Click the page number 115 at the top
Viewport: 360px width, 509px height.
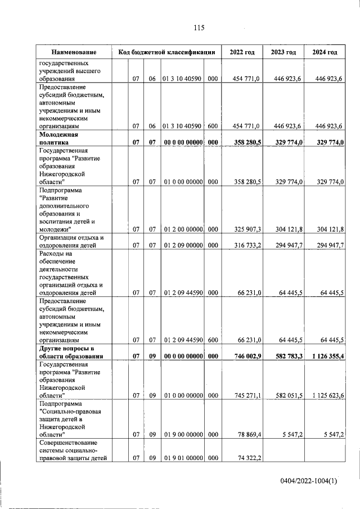[x=198, y=28]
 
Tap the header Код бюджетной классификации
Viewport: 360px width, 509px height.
[x=167, y=52]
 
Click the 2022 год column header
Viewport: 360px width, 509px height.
[x=242, y=52]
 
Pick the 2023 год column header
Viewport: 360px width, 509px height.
[x=283, y=52]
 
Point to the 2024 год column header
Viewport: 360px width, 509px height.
[x=325, y=52]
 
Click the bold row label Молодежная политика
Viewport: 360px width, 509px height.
[x=58, y=139]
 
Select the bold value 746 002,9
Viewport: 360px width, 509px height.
[x=245, y=356]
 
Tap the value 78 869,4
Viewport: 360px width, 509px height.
[x=247, y=435]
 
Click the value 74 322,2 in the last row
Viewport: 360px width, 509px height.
[x=247, y=458]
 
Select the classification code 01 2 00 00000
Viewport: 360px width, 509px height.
[x=182, y=229]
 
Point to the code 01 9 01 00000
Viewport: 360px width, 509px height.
[x=182, y=458]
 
